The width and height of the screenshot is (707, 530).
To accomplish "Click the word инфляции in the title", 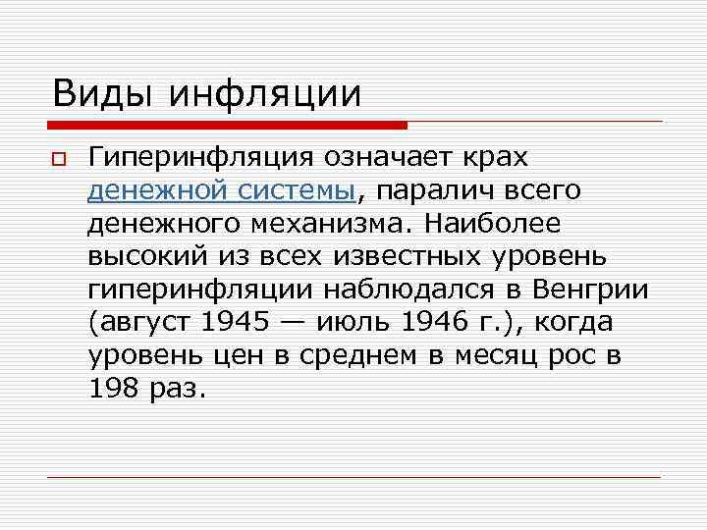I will (266, 94).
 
